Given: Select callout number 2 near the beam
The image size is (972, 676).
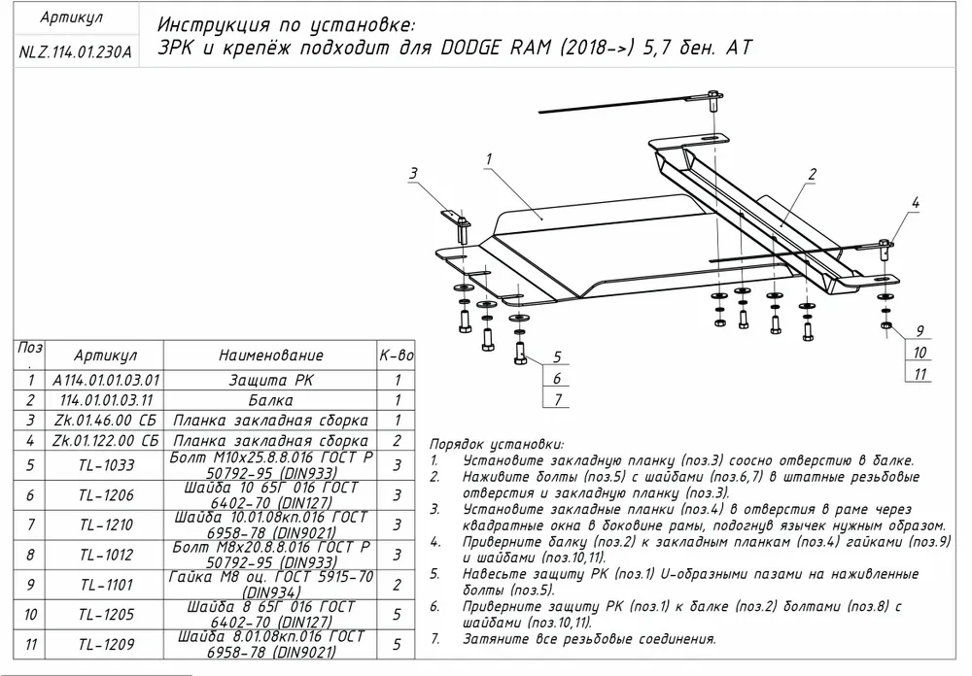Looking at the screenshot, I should [x=810, y=175].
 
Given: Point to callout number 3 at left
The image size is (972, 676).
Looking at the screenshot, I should [x=412, y=174].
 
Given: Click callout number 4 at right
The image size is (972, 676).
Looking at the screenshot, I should [x=915, y=202].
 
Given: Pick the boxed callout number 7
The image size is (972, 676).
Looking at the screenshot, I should [x=557, y=399].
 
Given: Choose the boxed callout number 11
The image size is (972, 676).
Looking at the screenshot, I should [x=920, y=374].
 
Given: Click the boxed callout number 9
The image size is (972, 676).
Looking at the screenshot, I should [x=919, y=329].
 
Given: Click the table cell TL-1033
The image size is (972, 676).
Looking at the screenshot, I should [x=105, y=465].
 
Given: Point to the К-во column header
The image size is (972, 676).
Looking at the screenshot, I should [x=397, y=355].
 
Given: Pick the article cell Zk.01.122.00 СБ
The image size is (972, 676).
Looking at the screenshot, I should [x=105, y=440].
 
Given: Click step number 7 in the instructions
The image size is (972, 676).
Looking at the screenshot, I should [x=434, y=639].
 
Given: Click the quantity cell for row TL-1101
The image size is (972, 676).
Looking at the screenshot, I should [x=397, y=584].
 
